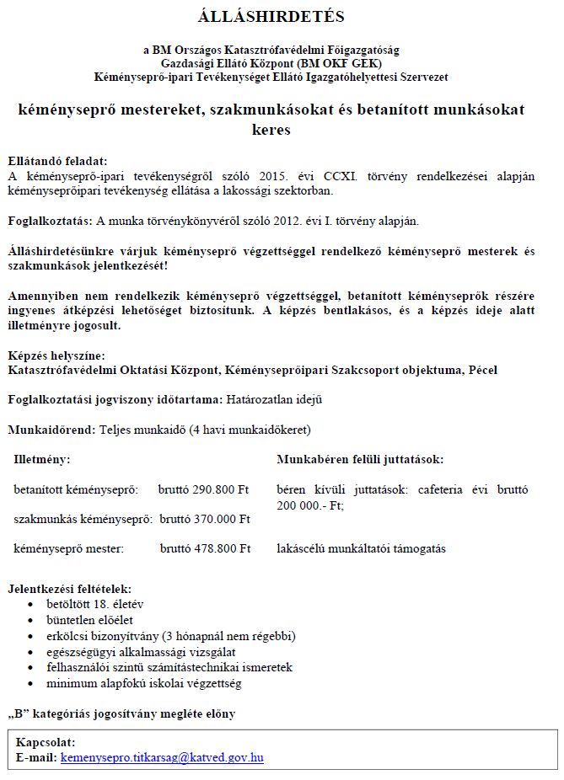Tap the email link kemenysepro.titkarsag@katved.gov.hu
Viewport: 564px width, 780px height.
point(162,758)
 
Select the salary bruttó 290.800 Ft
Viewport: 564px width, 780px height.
point(204,489)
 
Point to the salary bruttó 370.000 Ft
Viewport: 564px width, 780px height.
point(205,520)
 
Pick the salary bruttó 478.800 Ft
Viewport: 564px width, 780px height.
point(205,549)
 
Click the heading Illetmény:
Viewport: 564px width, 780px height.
point(42,460)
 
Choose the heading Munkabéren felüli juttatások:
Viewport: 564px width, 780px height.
point(360,460)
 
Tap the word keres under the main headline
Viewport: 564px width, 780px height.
point(271,131)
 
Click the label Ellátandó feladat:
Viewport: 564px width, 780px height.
point(57,160)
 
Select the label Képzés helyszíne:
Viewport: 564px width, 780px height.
point(56,355)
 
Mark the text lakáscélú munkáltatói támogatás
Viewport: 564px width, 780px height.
point(361,549)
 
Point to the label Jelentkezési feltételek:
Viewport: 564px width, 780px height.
point(69,589)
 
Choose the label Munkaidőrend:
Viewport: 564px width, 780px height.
point(51,430)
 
